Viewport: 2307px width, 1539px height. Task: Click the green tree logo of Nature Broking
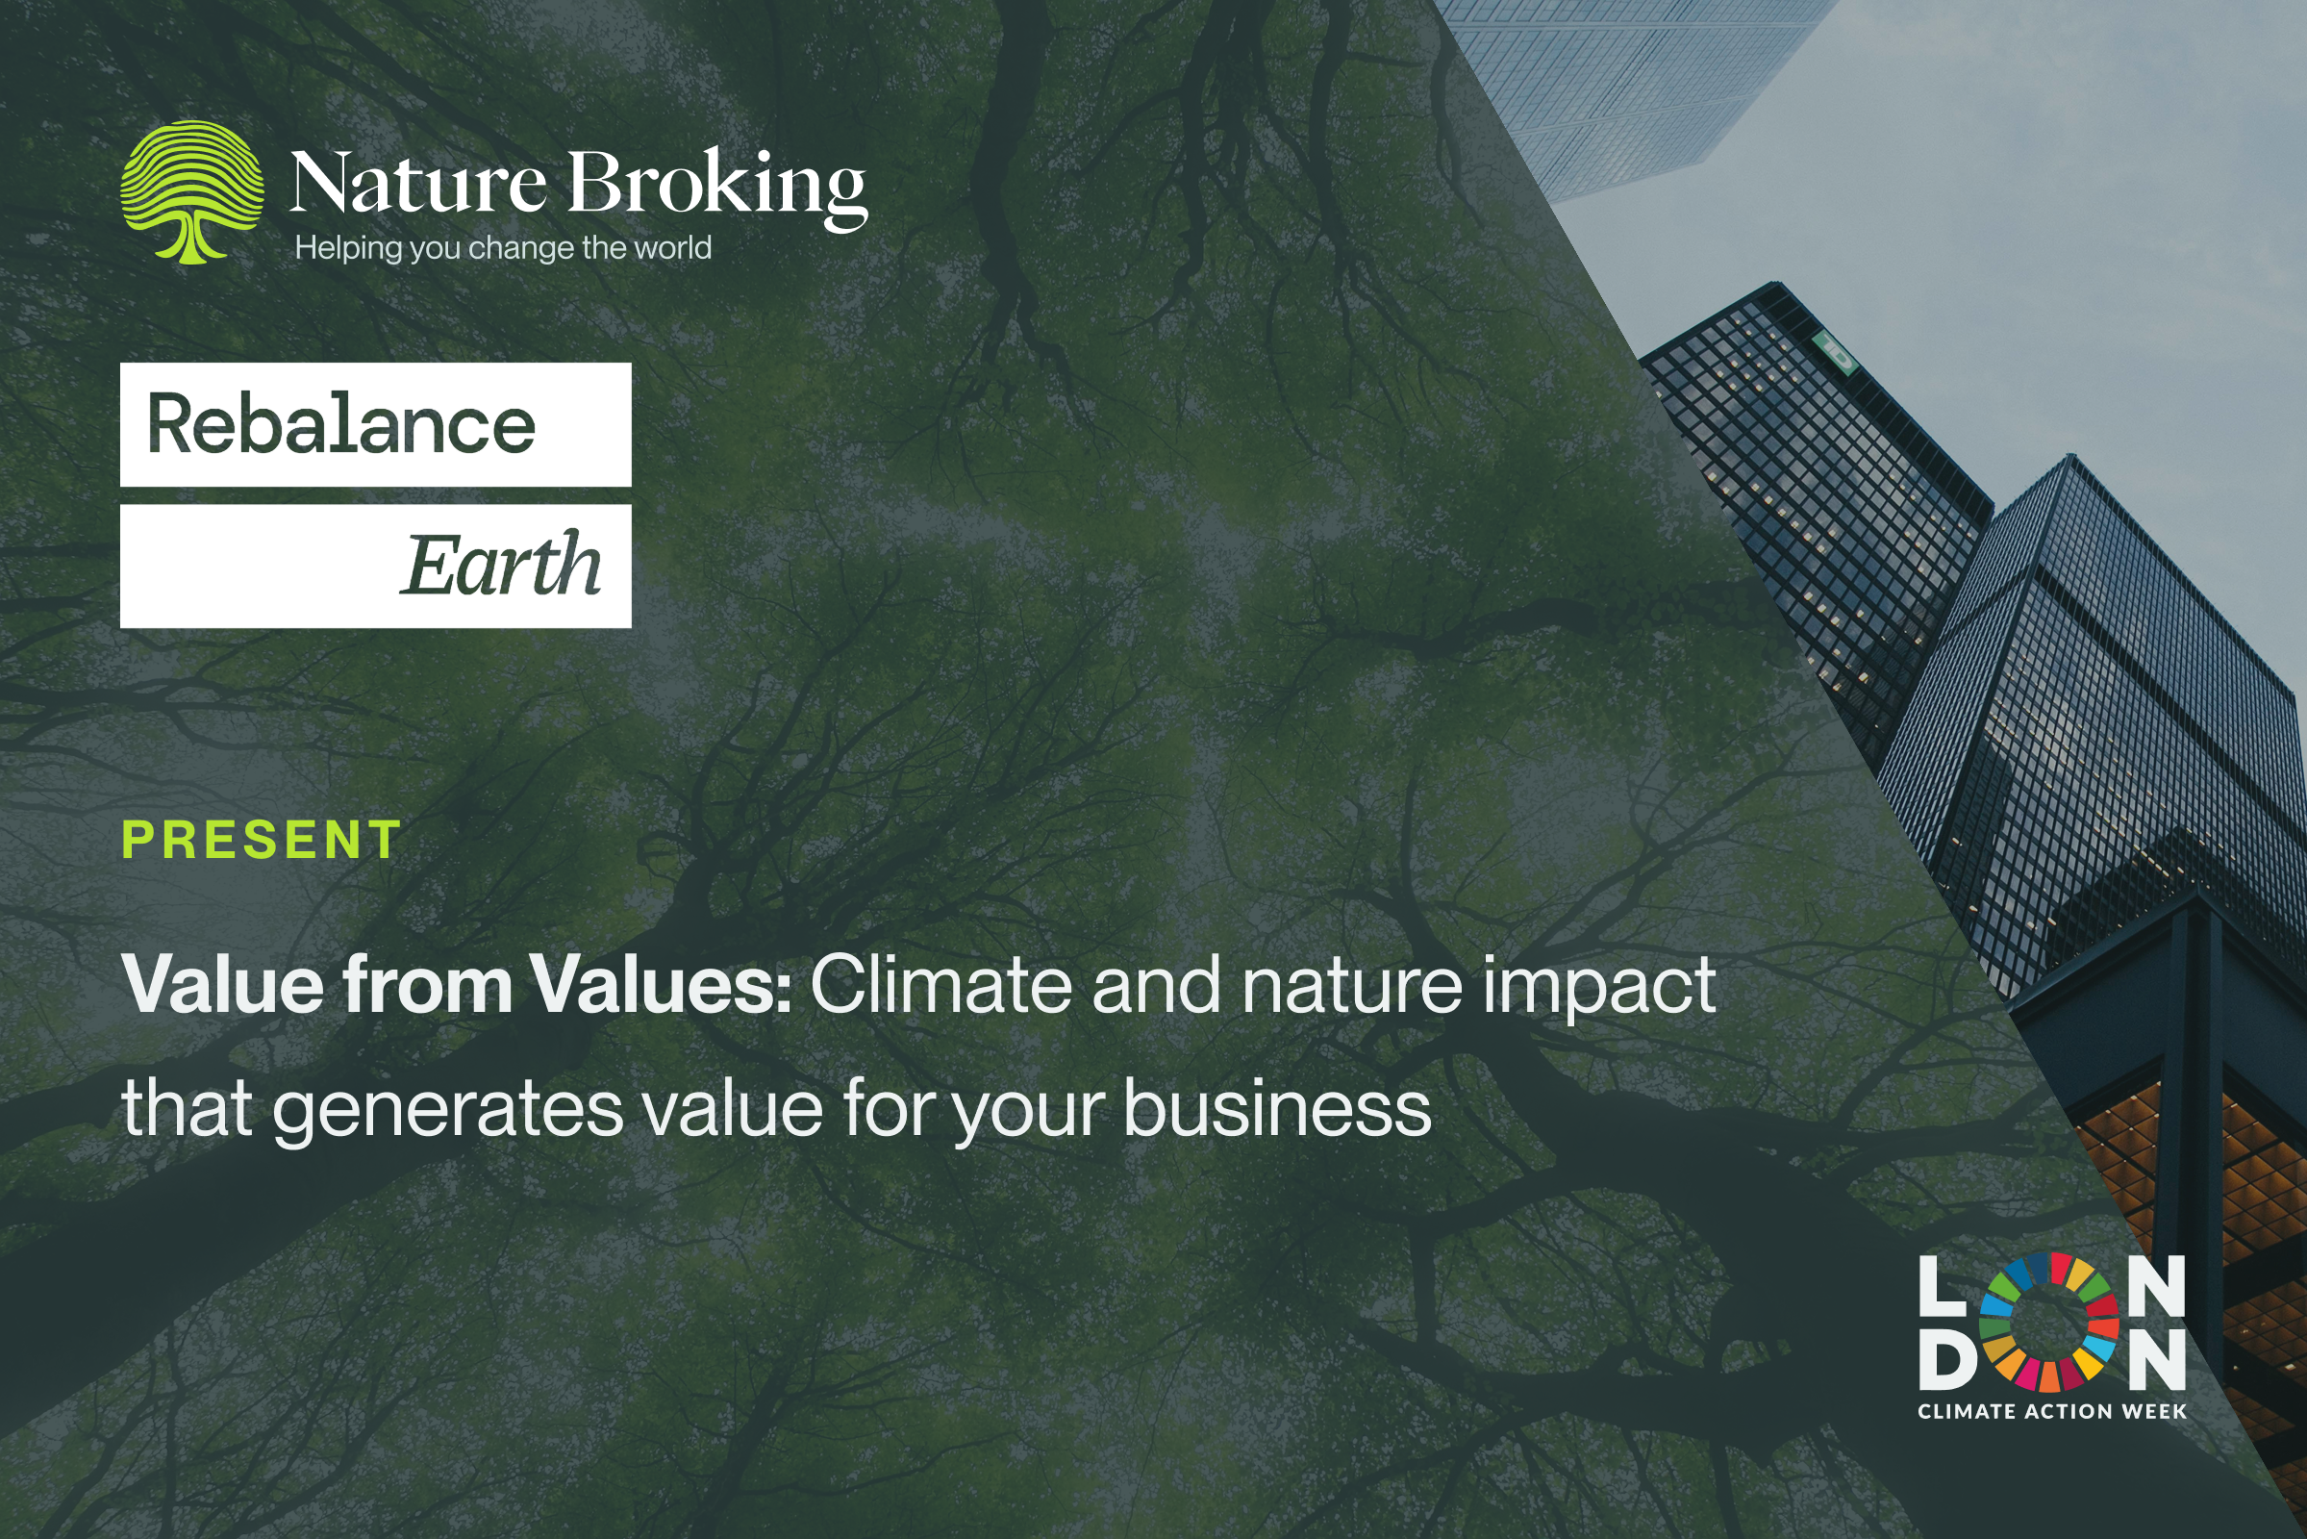191,191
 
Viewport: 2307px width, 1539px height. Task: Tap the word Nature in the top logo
417,184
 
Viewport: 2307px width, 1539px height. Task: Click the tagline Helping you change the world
502,248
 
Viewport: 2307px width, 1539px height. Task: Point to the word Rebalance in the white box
340,425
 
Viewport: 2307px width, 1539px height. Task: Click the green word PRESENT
261,840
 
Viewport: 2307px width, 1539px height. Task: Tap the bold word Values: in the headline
661,984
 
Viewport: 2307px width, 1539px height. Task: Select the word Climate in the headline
940,984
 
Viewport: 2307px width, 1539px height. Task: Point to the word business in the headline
1276,1107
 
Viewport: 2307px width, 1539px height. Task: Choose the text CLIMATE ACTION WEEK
2052,1411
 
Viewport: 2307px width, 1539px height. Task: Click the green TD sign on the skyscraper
1834,351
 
